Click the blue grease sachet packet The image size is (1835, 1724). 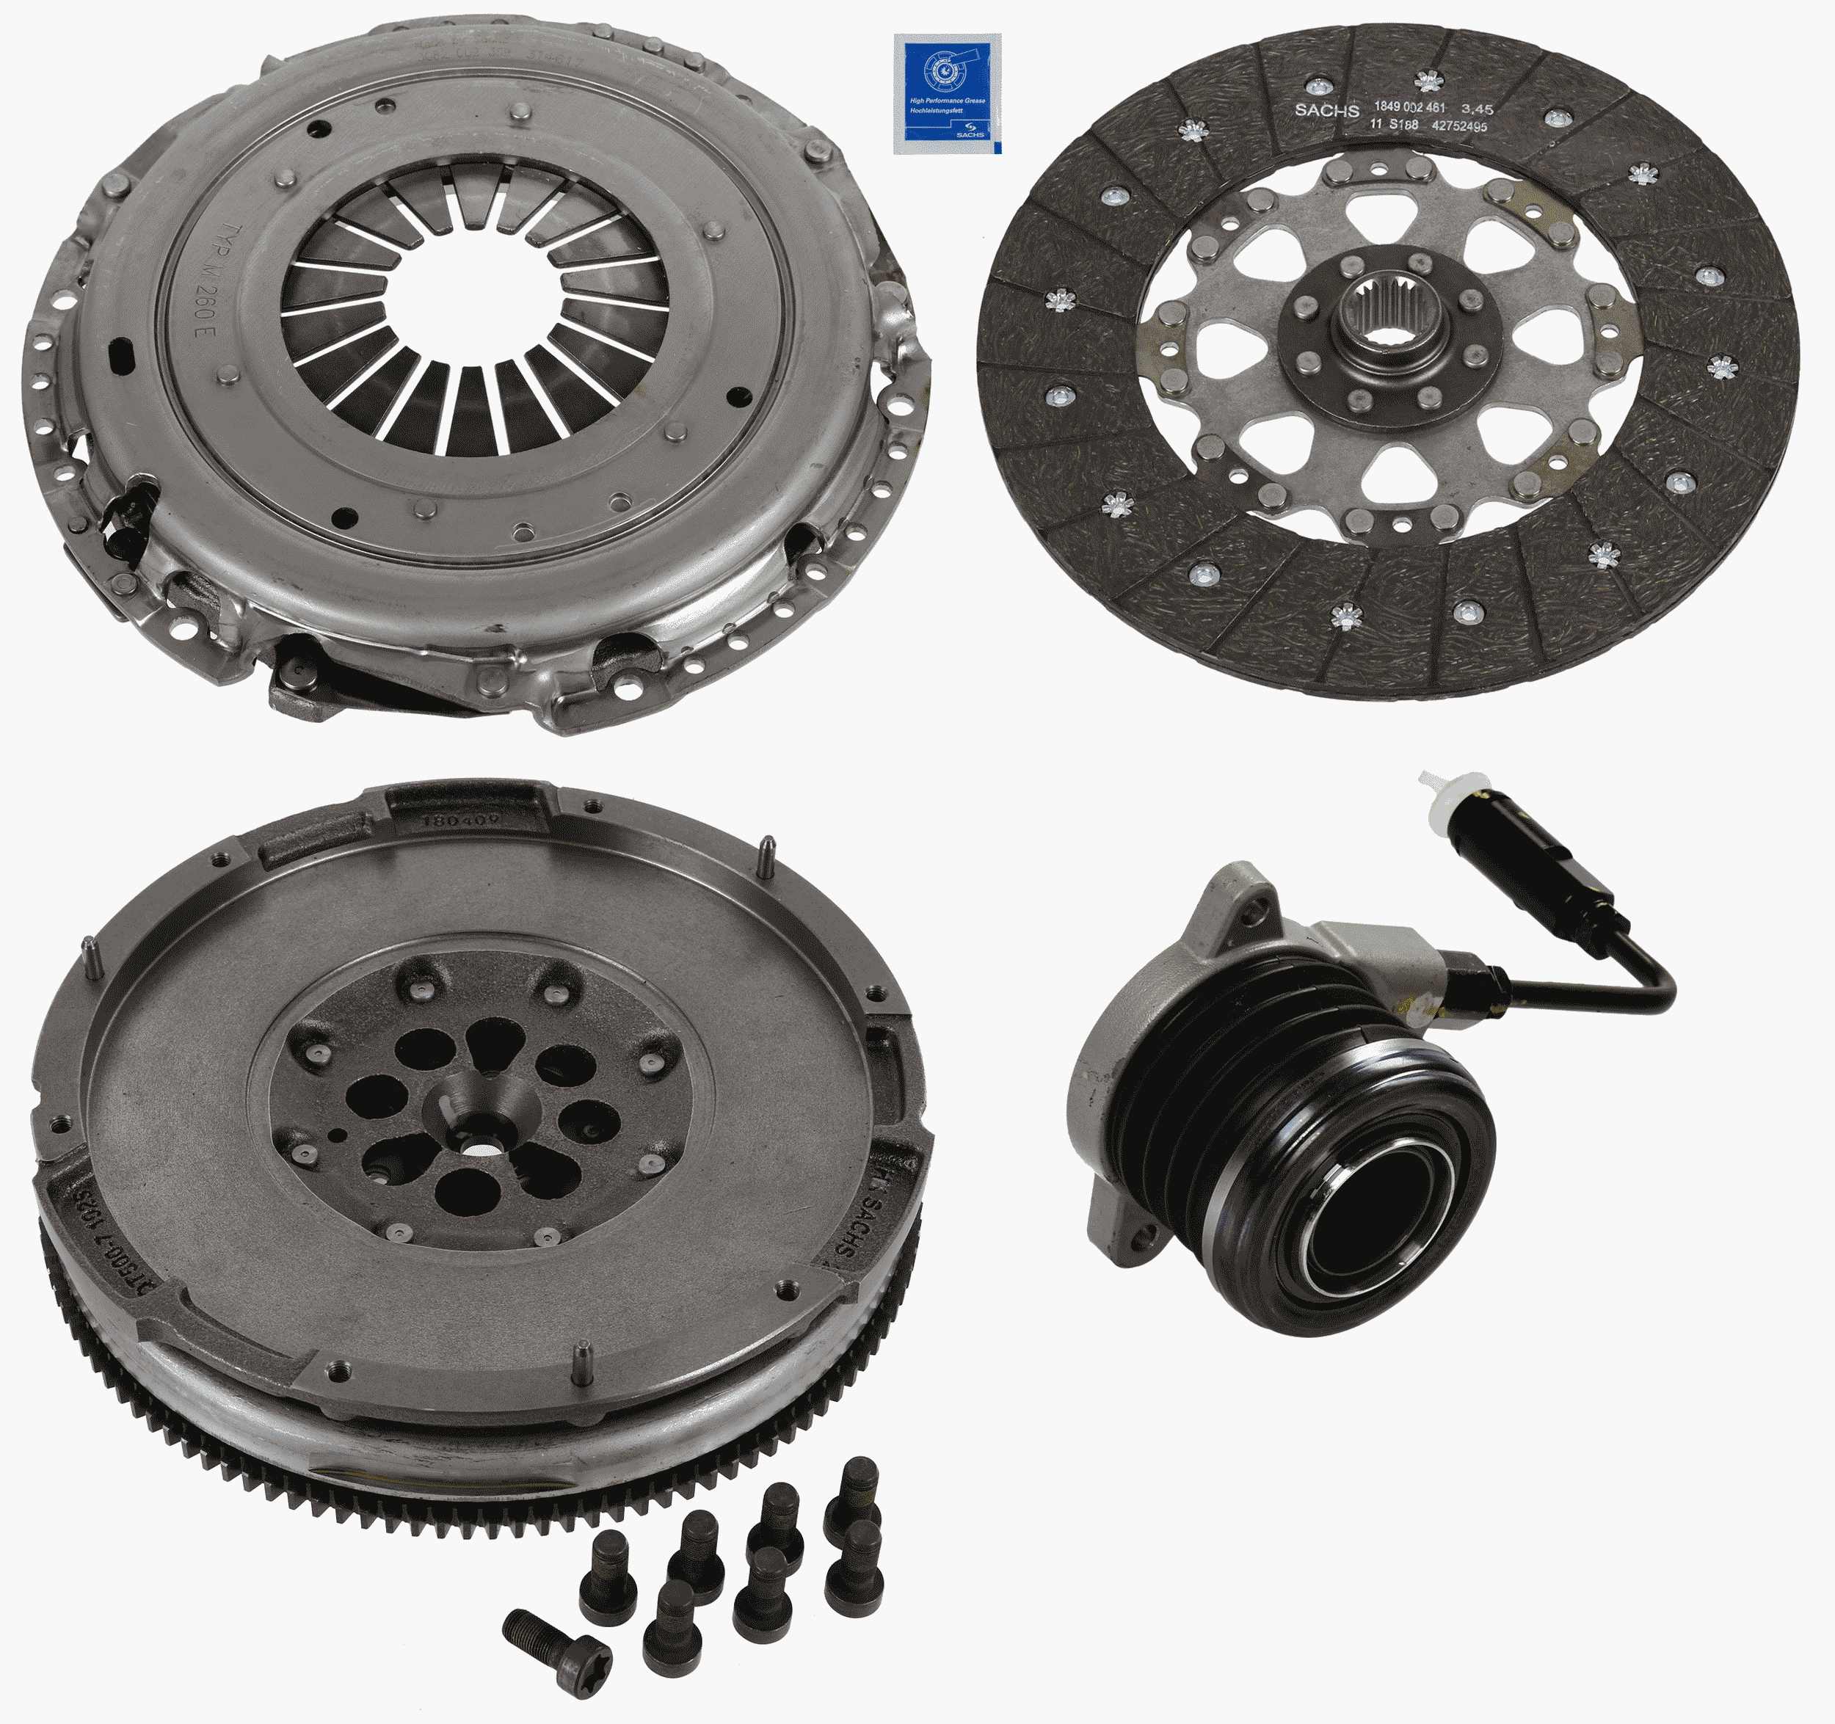click(x=946, y=92)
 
